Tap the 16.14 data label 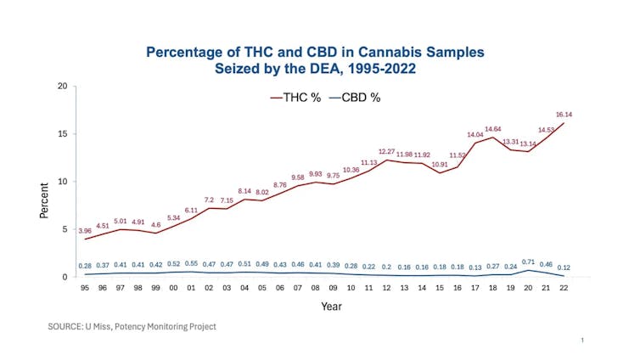click(564, 114)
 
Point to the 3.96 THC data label click(85, 231)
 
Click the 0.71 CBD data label click(528, 262)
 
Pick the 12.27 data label click(387, 151)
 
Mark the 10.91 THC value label click(440, 164)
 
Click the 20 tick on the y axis click(63, 87)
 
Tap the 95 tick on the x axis click(85, 288)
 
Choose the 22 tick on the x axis click(564, 288)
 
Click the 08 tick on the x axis click(316, 288)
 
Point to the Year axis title click(331, 307)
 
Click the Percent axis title click(45, 200)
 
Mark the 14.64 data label click(493, 129)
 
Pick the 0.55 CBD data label click(191, 264)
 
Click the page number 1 click(583, 340)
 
